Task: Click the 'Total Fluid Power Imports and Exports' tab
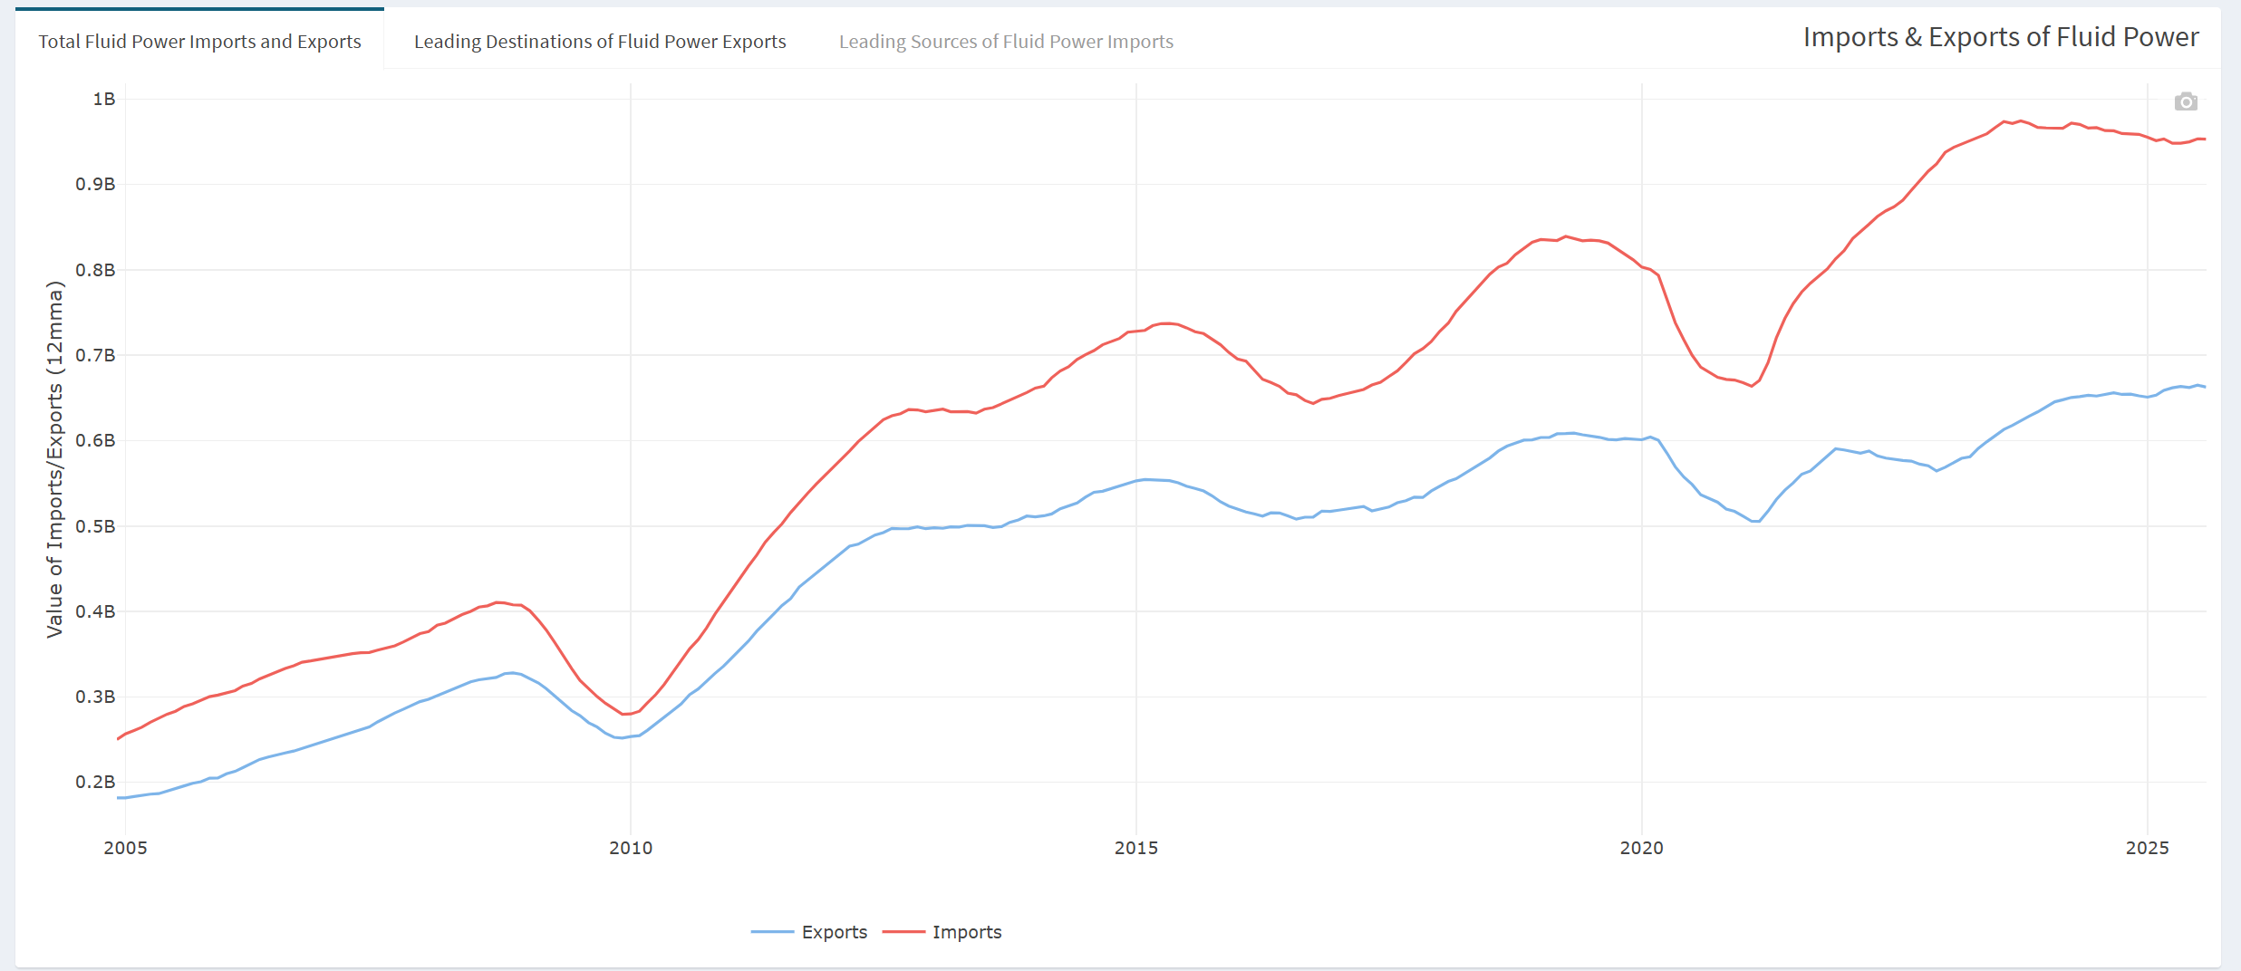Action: pyautogui.click(x=199, y=42)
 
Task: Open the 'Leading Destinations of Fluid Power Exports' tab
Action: pyautogui.click(x=600, y=42)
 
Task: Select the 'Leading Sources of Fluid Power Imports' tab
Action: pyautogui.click(x=1006, y=42)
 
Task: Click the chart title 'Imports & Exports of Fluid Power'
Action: pyautogui.click(x=2000, y=37)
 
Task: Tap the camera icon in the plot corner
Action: pyautogui.click(x=2186, y=101)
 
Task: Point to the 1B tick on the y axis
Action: pyautogui.click(x=104, y=99)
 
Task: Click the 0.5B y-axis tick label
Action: pyautogui.click(x=95, y=526)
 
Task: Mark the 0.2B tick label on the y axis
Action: pyautogui.click(x=95, y=782)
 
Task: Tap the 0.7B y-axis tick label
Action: pyautogui.click(x=95, y=355)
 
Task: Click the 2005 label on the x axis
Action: pyautogui.click(x=125, y=848)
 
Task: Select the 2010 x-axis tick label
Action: pyautogui.click(x=631, y=848)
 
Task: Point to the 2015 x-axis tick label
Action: pyautogui.click(x=1136, y=848)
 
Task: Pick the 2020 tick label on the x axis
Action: pyautogui.click(x=1642, y=848)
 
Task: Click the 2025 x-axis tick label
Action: pyautogui.click(x=2148, y=848)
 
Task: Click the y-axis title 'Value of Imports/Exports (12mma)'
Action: pyautogui.click(x=55, y=459)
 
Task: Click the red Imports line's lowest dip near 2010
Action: pyautogui.click(x=624, y=714)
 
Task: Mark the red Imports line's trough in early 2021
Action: pyautogui.click(x=1752, y=386)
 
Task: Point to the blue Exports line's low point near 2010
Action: pyautogui.click(x=621, y=737)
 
